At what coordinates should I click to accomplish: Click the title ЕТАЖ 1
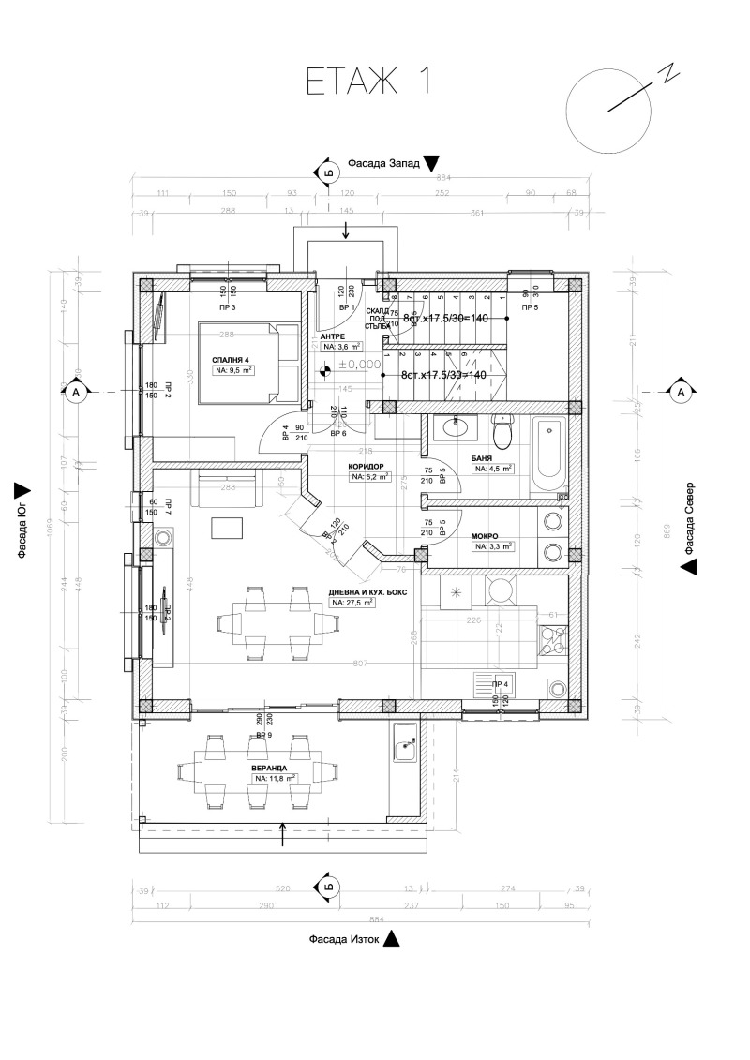368,82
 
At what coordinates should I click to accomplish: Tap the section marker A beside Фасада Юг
75,392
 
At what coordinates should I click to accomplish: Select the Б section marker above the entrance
327,172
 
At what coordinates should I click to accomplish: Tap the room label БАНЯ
484,457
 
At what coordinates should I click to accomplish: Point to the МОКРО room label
486,536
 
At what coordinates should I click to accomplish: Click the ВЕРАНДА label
269,767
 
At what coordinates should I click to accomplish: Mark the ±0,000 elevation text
355,365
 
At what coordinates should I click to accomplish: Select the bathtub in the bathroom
548,456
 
